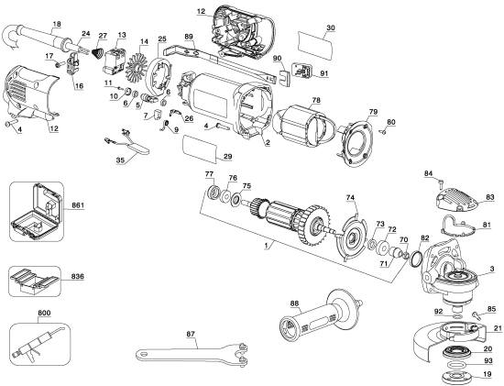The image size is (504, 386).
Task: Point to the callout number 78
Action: tap(314, 97)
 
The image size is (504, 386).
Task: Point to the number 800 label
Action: tap(19, 314)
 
